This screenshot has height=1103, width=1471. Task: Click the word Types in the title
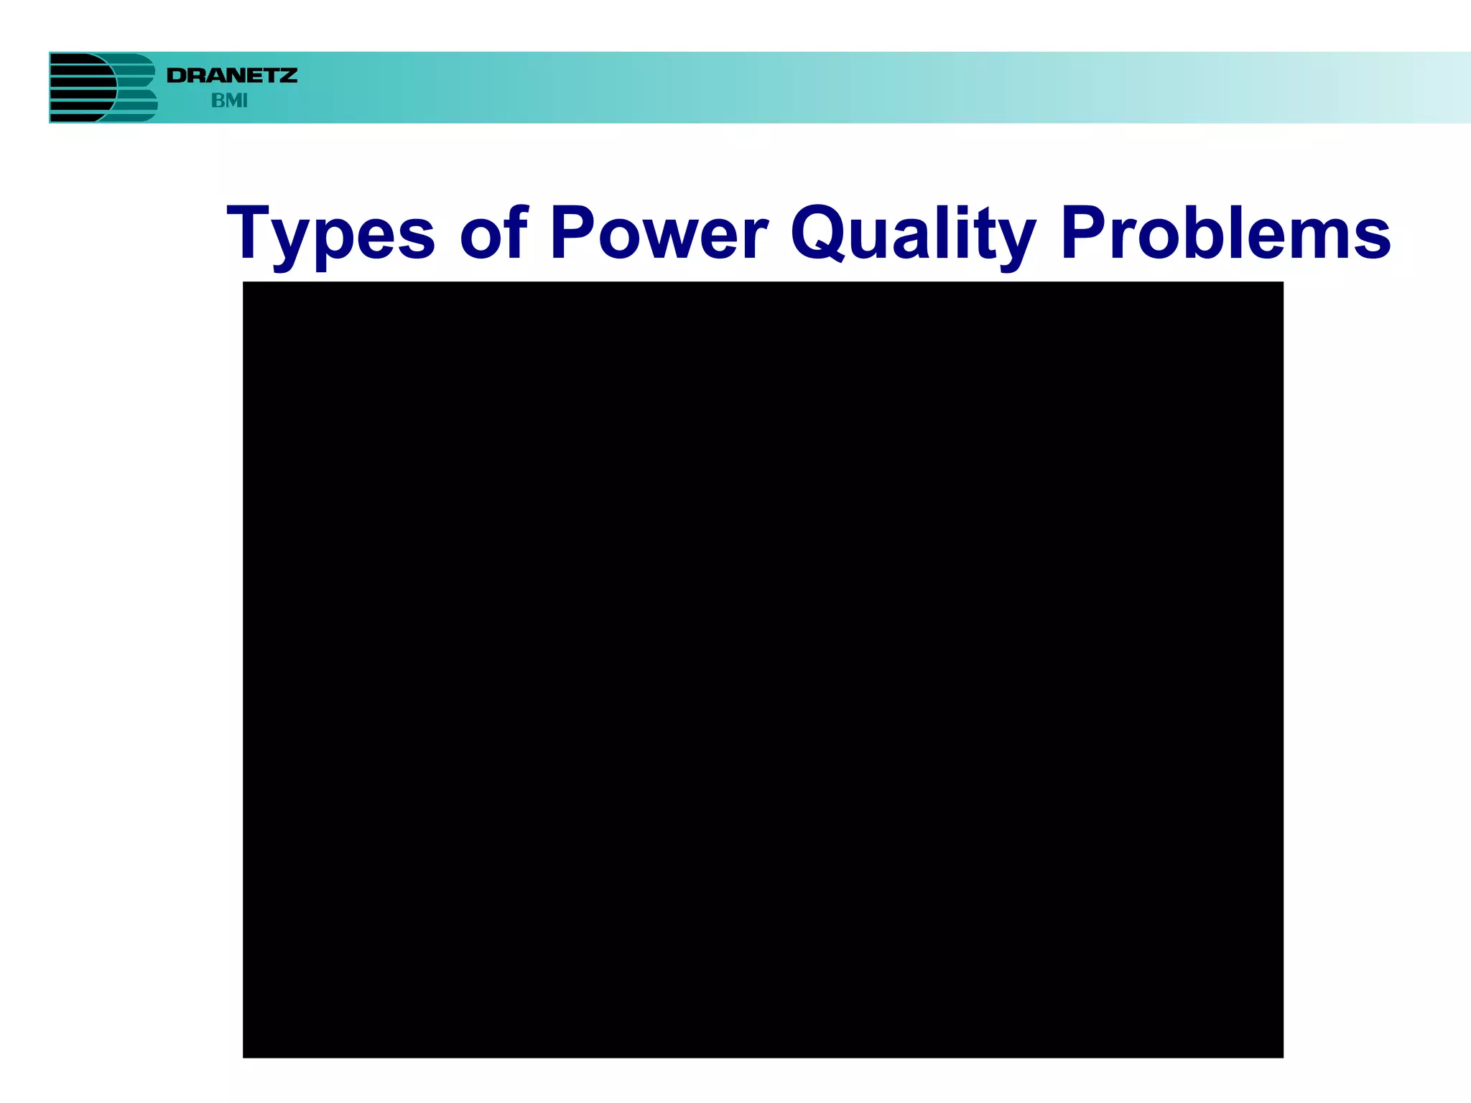pyautogui.click(x=330, y=234)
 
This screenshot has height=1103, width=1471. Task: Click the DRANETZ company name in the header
pyautogui.click(x=231, y=75)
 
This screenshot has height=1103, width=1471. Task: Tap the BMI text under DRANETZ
pyautogui.click(x=229, y=101)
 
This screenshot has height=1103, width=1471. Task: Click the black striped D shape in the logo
pyautogui.click(x=80, y=88)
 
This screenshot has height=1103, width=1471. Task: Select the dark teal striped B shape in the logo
pyautogui.click(x=136, y=88)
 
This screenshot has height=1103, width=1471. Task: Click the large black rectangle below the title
pyautogui.click(x=763, y=669)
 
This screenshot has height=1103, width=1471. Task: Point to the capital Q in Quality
pyautogui.click(x=817, y=233)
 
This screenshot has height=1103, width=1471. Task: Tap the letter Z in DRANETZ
pyautogui.click(x=287, y=75)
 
